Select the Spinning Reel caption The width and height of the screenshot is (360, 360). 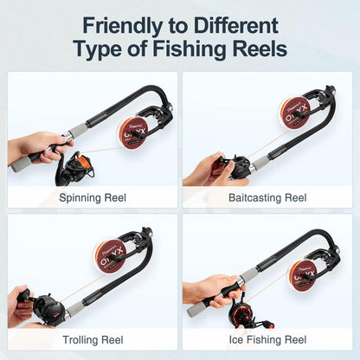click(93, 197)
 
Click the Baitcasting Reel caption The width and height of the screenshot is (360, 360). click(267, 197)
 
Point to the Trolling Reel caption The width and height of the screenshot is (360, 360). click(93, 340)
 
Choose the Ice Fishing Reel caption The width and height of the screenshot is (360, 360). click(267, 340)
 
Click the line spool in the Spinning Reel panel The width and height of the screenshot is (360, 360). click(132, 132)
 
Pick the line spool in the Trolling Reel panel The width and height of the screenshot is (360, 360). click(109, 255)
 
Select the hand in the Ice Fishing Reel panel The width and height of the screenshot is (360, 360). click(206, 288)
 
